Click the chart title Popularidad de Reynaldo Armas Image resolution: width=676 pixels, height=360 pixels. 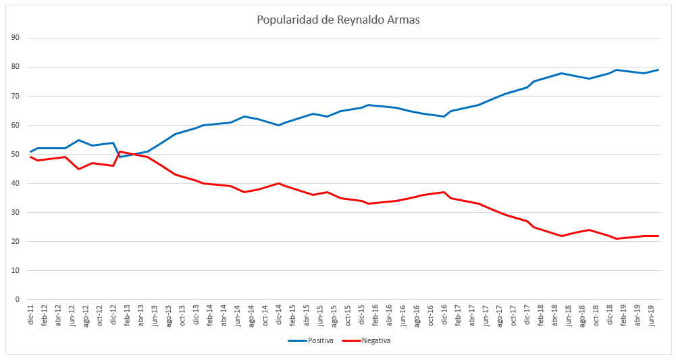tap(338, 20)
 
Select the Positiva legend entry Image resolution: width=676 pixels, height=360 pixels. tap(311, 340)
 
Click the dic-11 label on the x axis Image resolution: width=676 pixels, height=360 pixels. tap(31, 317)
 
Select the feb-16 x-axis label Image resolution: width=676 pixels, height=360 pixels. tap(375, 317)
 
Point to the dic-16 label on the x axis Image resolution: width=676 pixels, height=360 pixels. tap(444, 317)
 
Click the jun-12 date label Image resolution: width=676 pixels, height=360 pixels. tap(72, 317)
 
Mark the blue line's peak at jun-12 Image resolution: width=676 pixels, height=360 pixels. tap(79, 140)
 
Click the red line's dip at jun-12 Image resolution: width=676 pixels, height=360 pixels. tap(79, 169)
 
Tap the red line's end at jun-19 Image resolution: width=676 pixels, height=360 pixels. tap(658, 236)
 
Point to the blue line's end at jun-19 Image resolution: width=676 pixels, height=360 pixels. tap(658, 70)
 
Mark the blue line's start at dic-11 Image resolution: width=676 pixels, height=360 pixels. tap(31, 151)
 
